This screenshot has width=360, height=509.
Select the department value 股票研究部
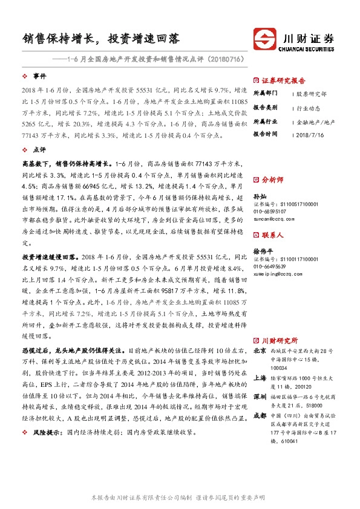311,94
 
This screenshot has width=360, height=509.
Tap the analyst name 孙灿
260,196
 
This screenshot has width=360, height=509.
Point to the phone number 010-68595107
270,212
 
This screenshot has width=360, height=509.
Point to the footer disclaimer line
180,497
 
